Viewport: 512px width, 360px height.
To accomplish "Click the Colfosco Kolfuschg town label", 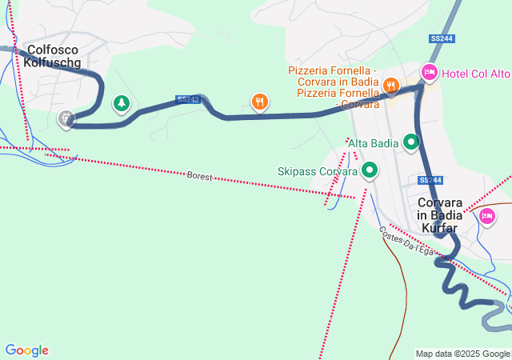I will pyautogui.click(x=54, y=57).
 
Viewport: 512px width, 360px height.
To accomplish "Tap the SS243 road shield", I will pyautogui.click(x=187, y=99).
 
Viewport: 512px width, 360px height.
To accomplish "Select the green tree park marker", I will pyautogui.click(x=121, y=102).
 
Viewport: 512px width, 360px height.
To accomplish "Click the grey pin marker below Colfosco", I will pyautogui.click(x=66, y=118).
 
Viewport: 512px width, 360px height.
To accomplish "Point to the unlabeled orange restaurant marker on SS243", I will pyautogui.click(x=259, y=102).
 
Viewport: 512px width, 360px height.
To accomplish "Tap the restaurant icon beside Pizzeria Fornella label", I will pyautogui.click(x=390, y=84).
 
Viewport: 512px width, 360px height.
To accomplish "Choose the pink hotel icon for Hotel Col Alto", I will pyautogui.click(x=430, y=73).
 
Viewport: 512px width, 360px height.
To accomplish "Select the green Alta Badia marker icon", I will pyautogui.click(x=412, y=142).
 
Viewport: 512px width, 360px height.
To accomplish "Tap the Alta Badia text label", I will pyautogui.click(x=374, y=143).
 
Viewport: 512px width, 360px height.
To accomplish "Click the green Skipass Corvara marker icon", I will pyautogui.click(x=370, y=170).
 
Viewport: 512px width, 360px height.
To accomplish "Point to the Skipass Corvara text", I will pyautogui.click(x=317, y=170).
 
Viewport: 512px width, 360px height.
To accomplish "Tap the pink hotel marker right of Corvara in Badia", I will pyautogui.click(x=486, y=215).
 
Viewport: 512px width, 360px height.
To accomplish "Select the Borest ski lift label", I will pyautogui.click(x=200, y=175).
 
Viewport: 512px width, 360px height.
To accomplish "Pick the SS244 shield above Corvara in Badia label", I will pyautogui.click(x=430, y=180).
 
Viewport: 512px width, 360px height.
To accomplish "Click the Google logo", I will pyautogui.click(x=26, y=350).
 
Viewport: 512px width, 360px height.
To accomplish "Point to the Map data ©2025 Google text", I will pyautogui.click(x=462, y=354).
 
